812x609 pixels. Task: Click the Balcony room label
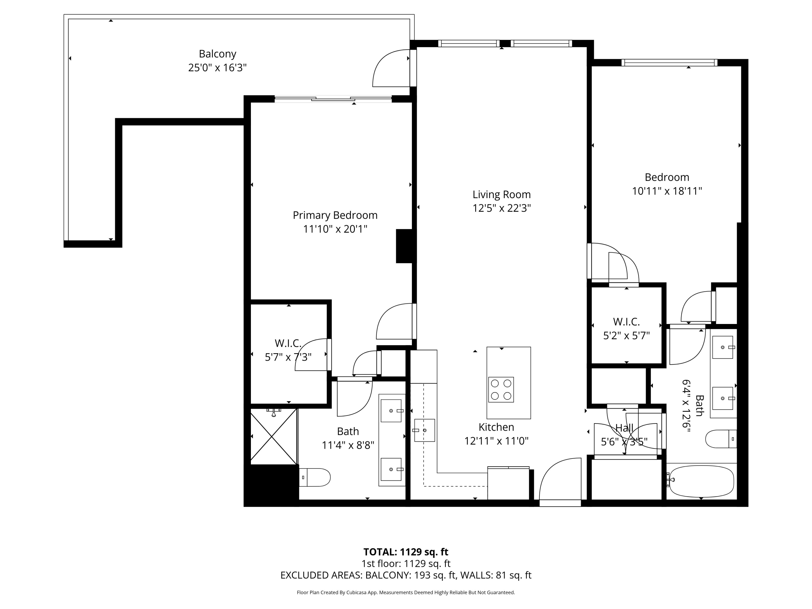(217, 54)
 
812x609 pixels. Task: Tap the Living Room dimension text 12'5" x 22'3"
(502, 208)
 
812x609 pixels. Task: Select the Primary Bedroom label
(335, 215)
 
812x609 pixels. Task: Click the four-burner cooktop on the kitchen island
(501, 389)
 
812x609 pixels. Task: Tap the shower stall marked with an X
(273, 437)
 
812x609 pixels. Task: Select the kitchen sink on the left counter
(425, 430)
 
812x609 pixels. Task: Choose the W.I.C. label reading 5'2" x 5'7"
(626, 329)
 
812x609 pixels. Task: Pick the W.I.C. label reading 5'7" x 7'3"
(288, 350)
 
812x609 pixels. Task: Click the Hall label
(624, 428)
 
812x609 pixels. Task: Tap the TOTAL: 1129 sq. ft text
(406, 552)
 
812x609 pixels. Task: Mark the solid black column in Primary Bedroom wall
(405, 246)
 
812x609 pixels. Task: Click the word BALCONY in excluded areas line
(388, 575)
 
